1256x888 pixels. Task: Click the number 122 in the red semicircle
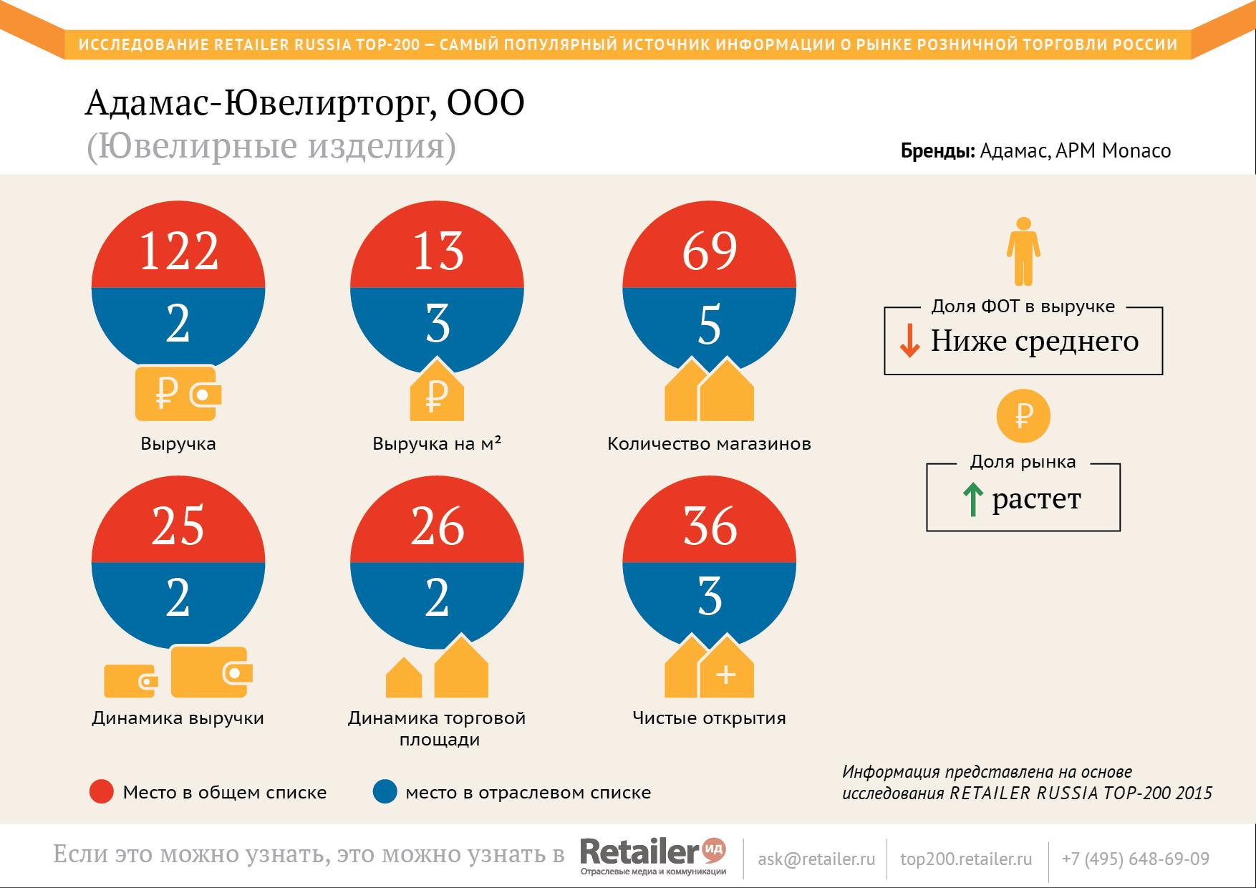pos(178,251)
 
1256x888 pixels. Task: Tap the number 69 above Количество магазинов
pos(709,251)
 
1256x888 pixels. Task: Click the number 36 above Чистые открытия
pos(709,526)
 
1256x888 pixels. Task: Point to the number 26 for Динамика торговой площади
pos(437,526)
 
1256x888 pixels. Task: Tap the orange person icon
pos(1023,251)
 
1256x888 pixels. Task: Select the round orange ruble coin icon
pos(1023,416)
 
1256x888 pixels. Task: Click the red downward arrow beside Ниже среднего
pos(909,341)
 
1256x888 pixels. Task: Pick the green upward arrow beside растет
pos(972,500)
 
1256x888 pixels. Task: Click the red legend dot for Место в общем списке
pos(102,792)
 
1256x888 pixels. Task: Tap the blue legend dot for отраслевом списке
pos(385,792)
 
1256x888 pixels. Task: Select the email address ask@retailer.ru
pos(816,859)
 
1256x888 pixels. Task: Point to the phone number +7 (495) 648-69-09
pos(1136,859)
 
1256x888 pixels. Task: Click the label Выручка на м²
pos(437,443)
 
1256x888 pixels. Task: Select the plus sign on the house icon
pos(726,675)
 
